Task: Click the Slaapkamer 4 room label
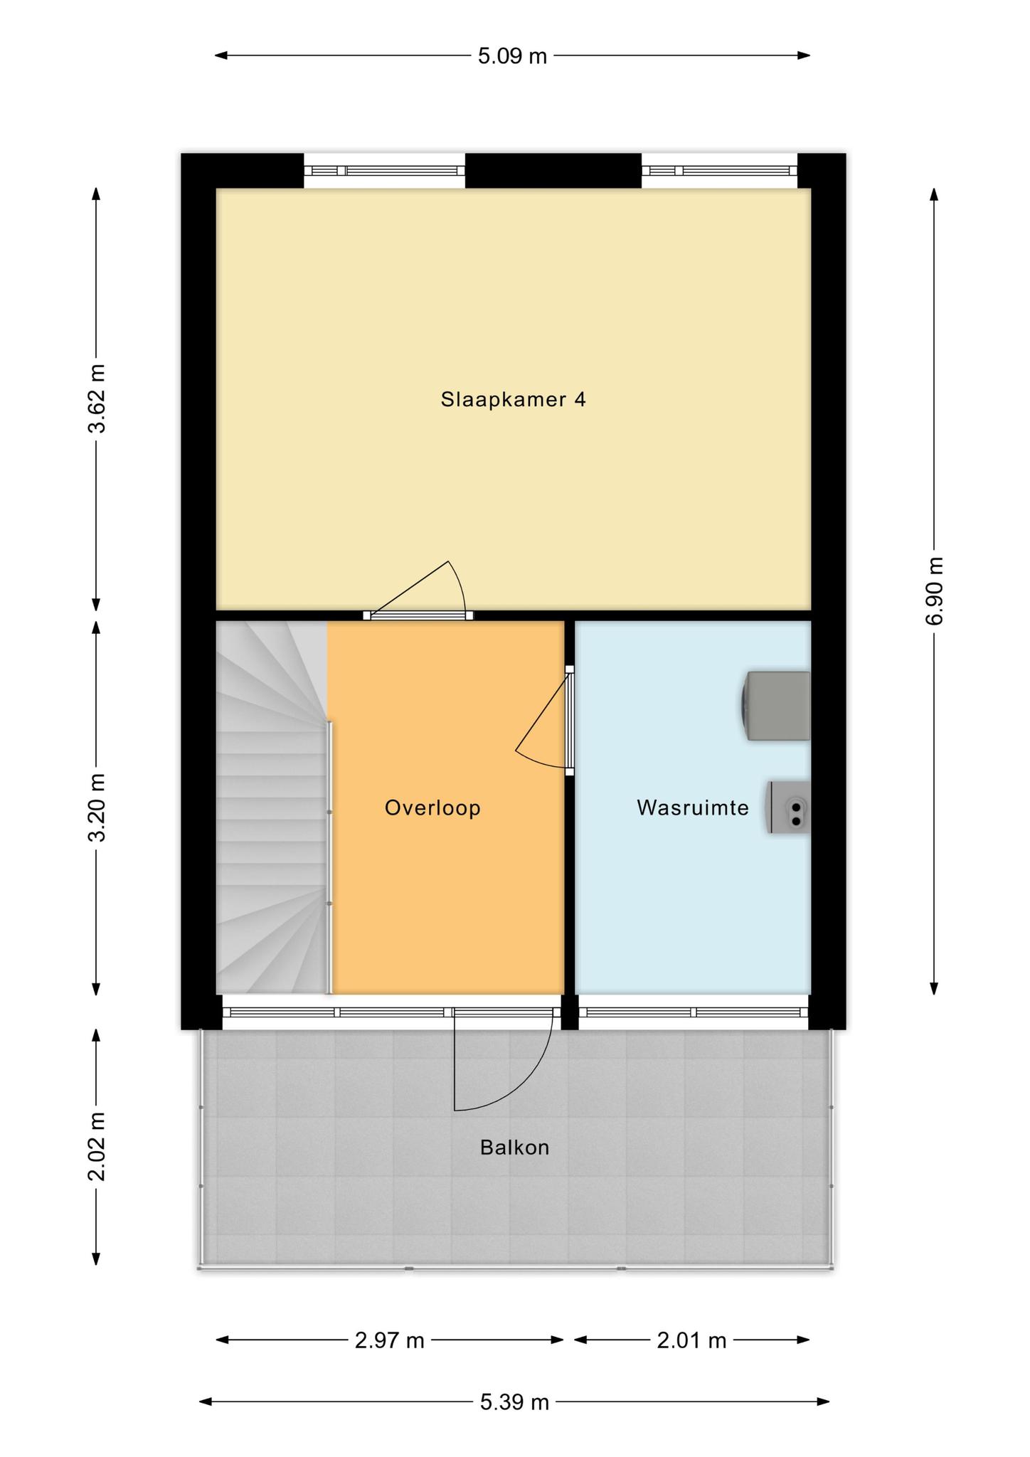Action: pyautogui.click(x=513, y=399)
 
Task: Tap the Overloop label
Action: pyautogui.click(x=432, y=807)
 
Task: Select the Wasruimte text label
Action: pyautogui.click(x=693, y=807)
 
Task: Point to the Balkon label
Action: pyautogui.click(x=514, y=1148)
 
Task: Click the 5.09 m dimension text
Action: pyautogui.click(x=512, y=55)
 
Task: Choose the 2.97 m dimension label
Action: pyautogui.click(x=390, y=1341)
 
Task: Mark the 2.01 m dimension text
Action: pyautogui.click(x=691, y=1341)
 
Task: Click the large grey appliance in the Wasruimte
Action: pyautogui.click(x=776, y=706)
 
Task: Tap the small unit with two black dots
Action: pyautogui.click(x=789, y=807)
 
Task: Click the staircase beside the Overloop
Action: pyautogui.click(x=272, y=807)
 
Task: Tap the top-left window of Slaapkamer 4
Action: pyautogui.click(x=385, y=171)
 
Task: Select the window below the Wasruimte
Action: pyautogui.click(x=694, y=1012)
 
